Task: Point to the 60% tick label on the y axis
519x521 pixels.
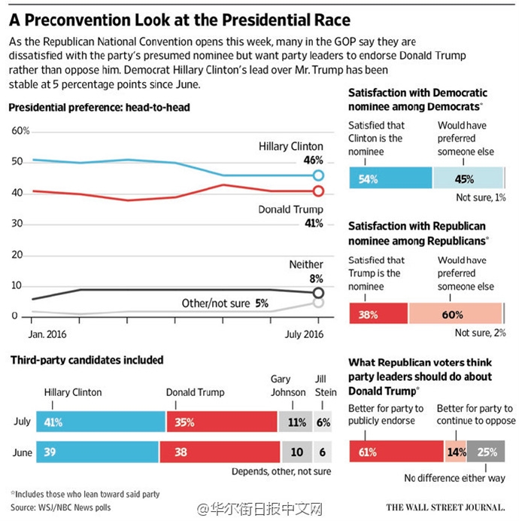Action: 20,130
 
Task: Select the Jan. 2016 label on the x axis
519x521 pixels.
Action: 47,334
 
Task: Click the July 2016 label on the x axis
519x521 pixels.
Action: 304,334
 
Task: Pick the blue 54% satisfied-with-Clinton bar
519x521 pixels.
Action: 390,178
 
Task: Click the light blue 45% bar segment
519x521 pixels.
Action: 468,178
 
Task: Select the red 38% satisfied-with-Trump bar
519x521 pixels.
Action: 378,313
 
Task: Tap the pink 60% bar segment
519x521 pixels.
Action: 455,313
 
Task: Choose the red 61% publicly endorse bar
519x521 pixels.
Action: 396,451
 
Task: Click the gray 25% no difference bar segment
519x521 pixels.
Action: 486,451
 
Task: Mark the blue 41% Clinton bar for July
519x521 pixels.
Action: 101,422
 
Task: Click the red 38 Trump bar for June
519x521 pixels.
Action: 220,452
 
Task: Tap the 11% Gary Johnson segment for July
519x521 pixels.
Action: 295,422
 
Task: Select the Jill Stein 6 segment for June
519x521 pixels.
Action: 323,452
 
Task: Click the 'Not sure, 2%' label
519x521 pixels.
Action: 480,333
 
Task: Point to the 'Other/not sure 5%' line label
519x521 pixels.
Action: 225,303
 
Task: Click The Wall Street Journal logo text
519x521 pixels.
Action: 445,507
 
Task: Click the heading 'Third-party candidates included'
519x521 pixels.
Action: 87,360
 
